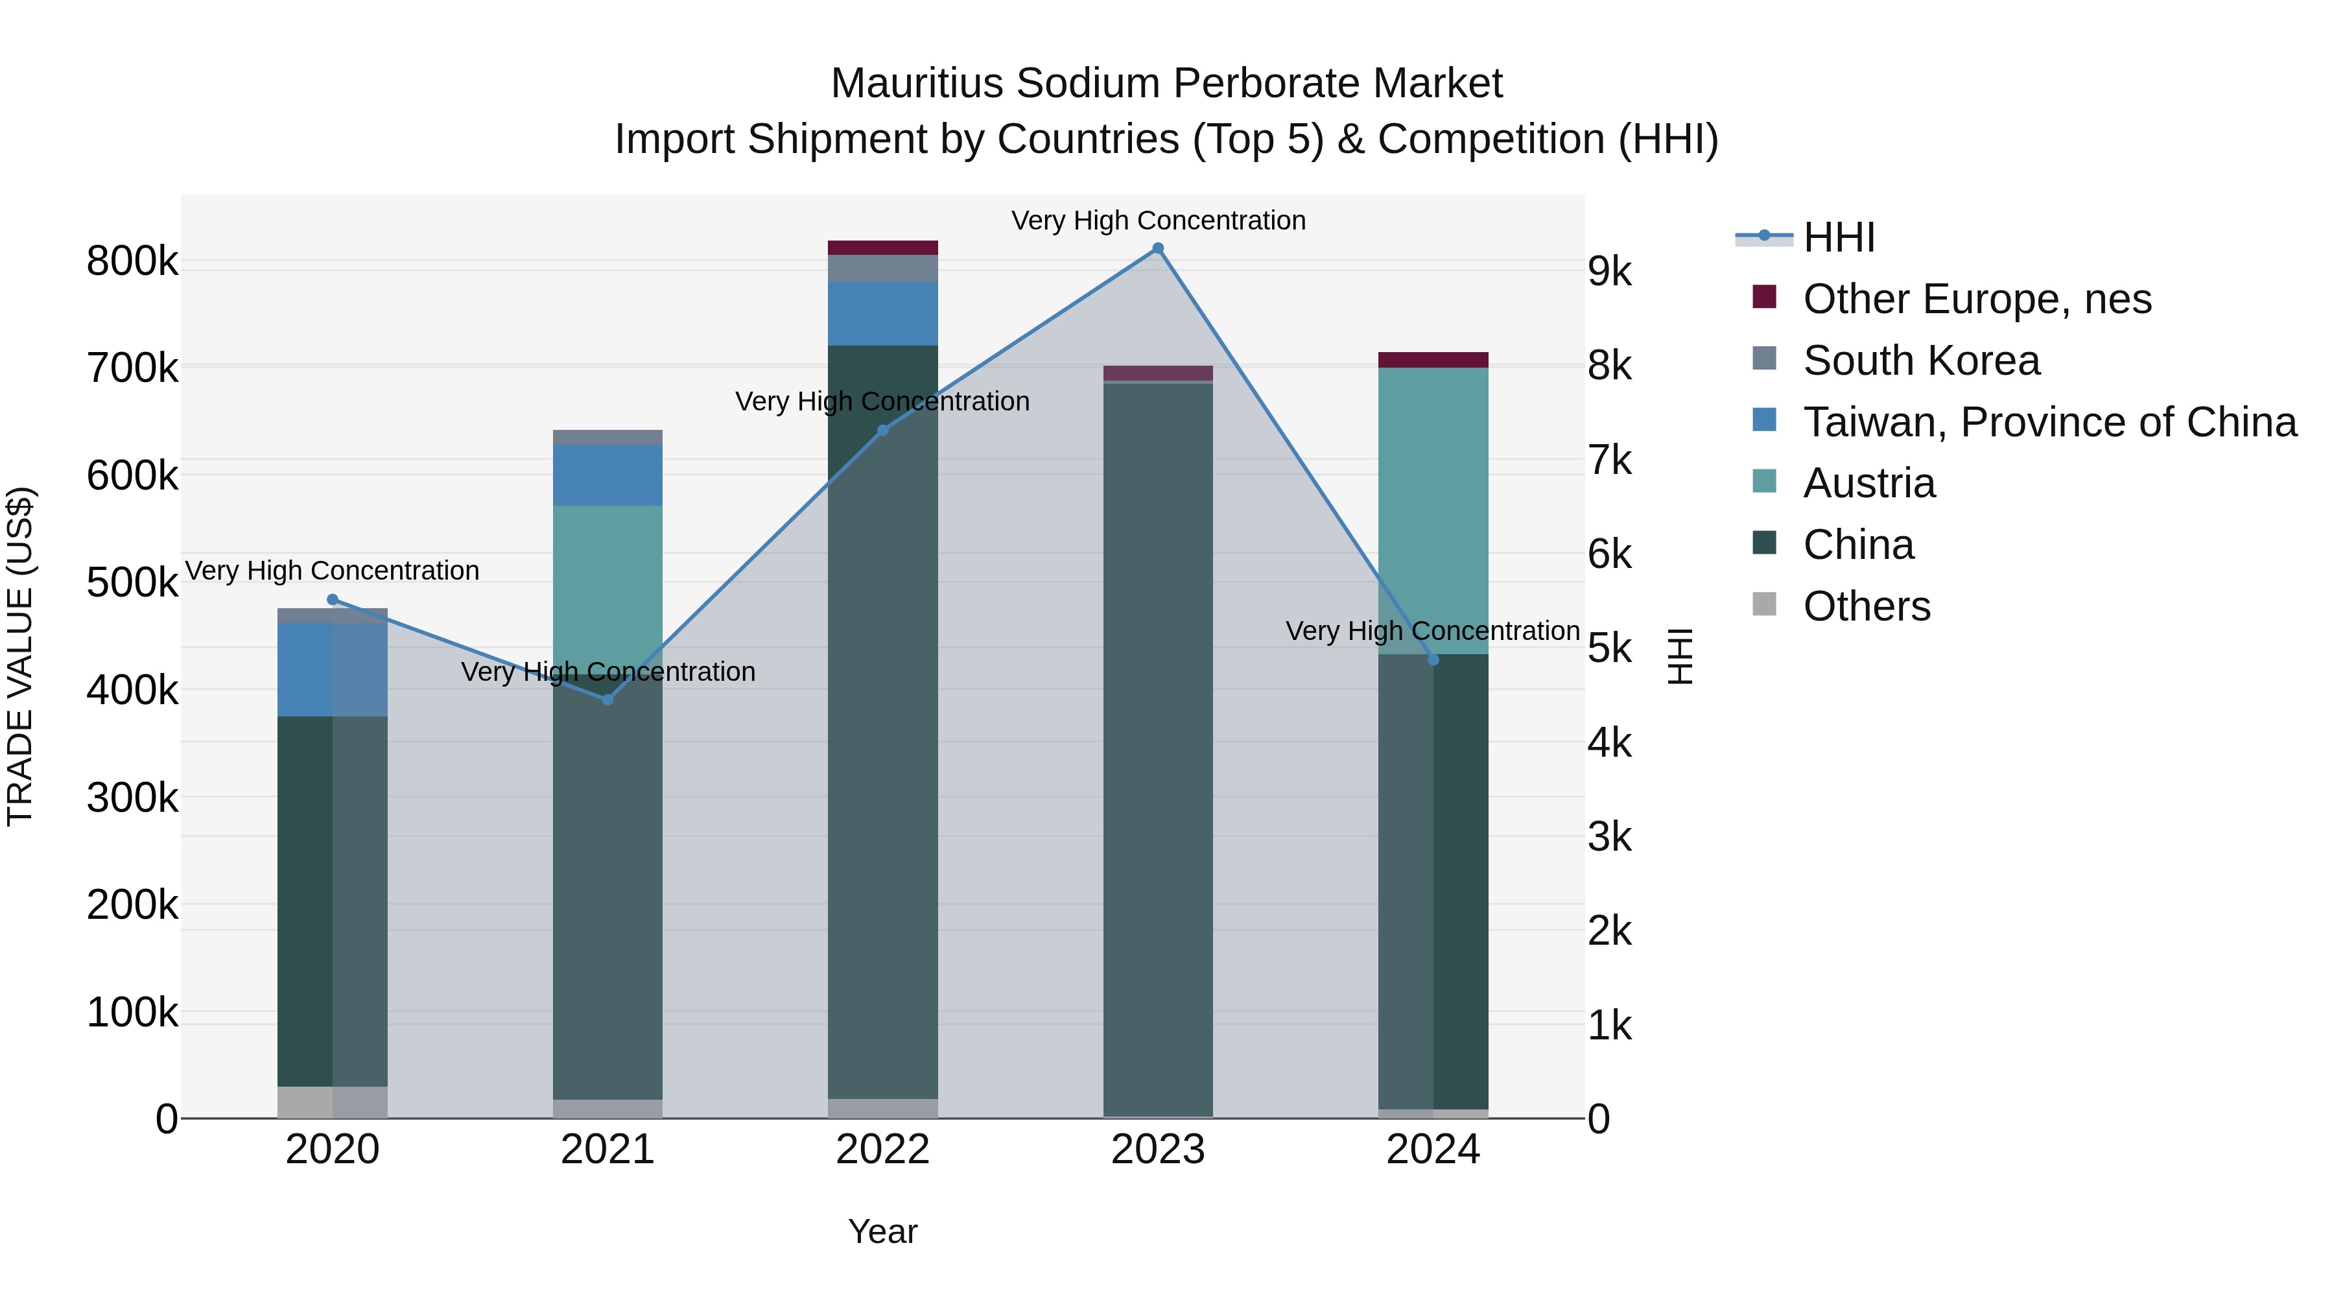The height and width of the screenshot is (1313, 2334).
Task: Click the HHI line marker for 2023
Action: tap(1157, 248)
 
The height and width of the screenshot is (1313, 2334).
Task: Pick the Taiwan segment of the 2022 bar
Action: tap(882, 314)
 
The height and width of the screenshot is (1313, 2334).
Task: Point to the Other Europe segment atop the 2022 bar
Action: tap(882, 248)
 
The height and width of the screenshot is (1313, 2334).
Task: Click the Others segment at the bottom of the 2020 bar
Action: tap(331, 1102)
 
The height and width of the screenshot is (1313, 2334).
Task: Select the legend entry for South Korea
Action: tap(1921, 361)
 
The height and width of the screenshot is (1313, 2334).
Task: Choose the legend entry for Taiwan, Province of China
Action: tap(2049, 422)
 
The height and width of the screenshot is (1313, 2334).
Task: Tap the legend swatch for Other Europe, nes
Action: tap(1764, 297)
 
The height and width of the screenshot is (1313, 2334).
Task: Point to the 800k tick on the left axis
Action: tap(132, 262)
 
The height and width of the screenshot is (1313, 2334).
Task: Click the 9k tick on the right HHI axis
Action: tap(1609, 272)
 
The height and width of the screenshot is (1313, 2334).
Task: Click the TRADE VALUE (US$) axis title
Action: tap(20, 656)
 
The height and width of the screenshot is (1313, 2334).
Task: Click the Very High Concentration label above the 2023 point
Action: tap(1158, 221)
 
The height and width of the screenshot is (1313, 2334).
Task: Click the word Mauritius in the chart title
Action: tap(916, 84)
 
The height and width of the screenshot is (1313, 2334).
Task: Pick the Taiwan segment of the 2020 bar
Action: tap(331, 670)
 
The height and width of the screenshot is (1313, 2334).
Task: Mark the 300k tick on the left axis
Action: tap(132, 798)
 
